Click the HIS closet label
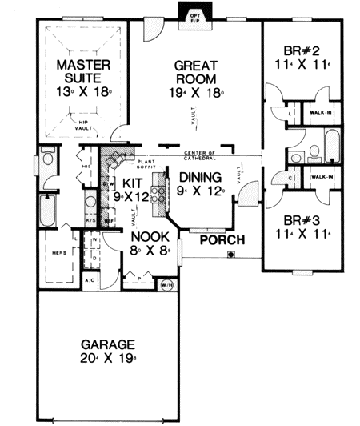pos(86,167)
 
